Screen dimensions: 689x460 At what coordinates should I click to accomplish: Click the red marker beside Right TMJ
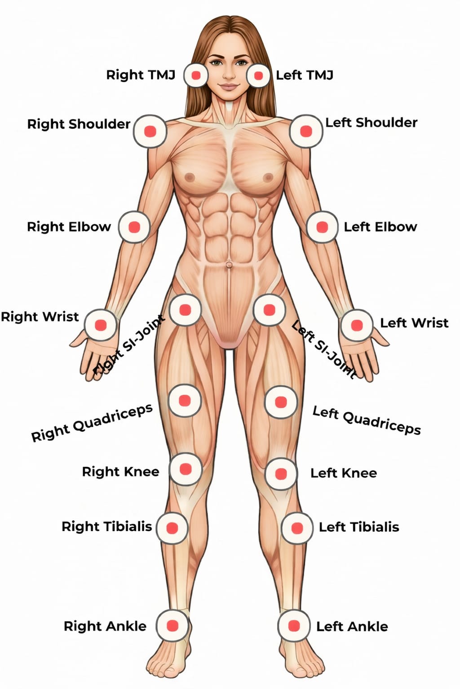196,75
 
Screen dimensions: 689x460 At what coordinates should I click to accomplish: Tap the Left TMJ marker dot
258,75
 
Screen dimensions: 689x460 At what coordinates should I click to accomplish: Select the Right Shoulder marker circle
150,131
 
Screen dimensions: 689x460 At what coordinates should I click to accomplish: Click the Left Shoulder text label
371,122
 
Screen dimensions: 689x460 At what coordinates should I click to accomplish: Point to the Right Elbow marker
134,227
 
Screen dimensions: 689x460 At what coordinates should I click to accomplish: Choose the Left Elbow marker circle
322,227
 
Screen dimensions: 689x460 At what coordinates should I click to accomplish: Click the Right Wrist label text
40,317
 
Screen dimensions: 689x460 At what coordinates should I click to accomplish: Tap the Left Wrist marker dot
357,325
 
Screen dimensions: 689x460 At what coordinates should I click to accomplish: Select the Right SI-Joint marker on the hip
185,310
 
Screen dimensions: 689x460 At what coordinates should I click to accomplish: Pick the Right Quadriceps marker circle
184,400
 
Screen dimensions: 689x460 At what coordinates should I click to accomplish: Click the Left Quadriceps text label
367,420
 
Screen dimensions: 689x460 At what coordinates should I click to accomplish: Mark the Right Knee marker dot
185,469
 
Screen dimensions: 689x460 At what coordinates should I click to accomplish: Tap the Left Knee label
344,473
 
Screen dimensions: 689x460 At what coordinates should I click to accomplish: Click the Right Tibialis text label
106,526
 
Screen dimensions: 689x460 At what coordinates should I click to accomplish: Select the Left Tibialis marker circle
297,528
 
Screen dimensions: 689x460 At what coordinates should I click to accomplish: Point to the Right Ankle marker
172,626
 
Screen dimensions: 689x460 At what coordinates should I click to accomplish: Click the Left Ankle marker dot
294,626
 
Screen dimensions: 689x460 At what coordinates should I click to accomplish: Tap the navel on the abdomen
229,265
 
